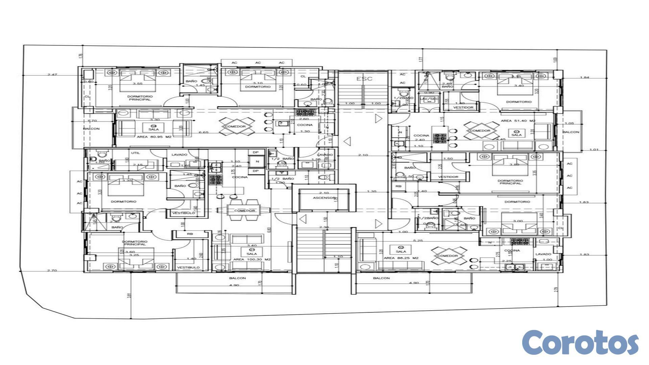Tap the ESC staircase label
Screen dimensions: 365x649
[x=364, y=79]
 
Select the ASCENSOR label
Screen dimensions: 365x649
[x=324, y=198]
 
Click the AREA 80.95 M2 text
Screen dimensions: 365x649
[x=154, y=137]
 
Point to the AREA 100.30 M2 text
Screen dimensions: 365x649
[x=252, y=259]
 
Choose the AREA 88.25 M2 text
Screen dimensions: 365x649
[x=401, y=258]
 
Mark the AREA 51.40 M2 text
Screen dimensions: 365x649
[x=518, y=121]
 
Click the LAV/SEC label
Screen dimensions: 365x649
[x=429, y=99]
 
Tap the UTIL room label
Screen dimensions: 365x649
[x=136, y=153]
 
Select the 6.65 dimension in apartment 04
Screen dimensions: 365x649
[x=203, y=132]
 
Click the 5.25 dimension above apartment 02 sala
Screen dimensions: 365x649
[x=418, y=241]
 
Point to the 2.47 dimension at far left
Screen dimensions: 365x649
[x=52, y=74]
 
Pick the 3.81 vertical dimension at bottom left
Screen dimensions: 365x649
[x=129, y=295]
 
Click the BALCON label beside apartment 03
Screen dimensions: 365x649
[x=571, y=132]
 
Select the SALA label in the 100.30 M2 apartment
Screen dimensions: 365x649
[x=251, y=253]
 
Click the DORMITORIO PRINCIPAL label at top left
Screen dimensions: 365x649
[x=140, y=98]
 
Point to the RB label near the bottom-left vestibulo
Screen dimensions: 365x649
[x=190, y=234]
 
